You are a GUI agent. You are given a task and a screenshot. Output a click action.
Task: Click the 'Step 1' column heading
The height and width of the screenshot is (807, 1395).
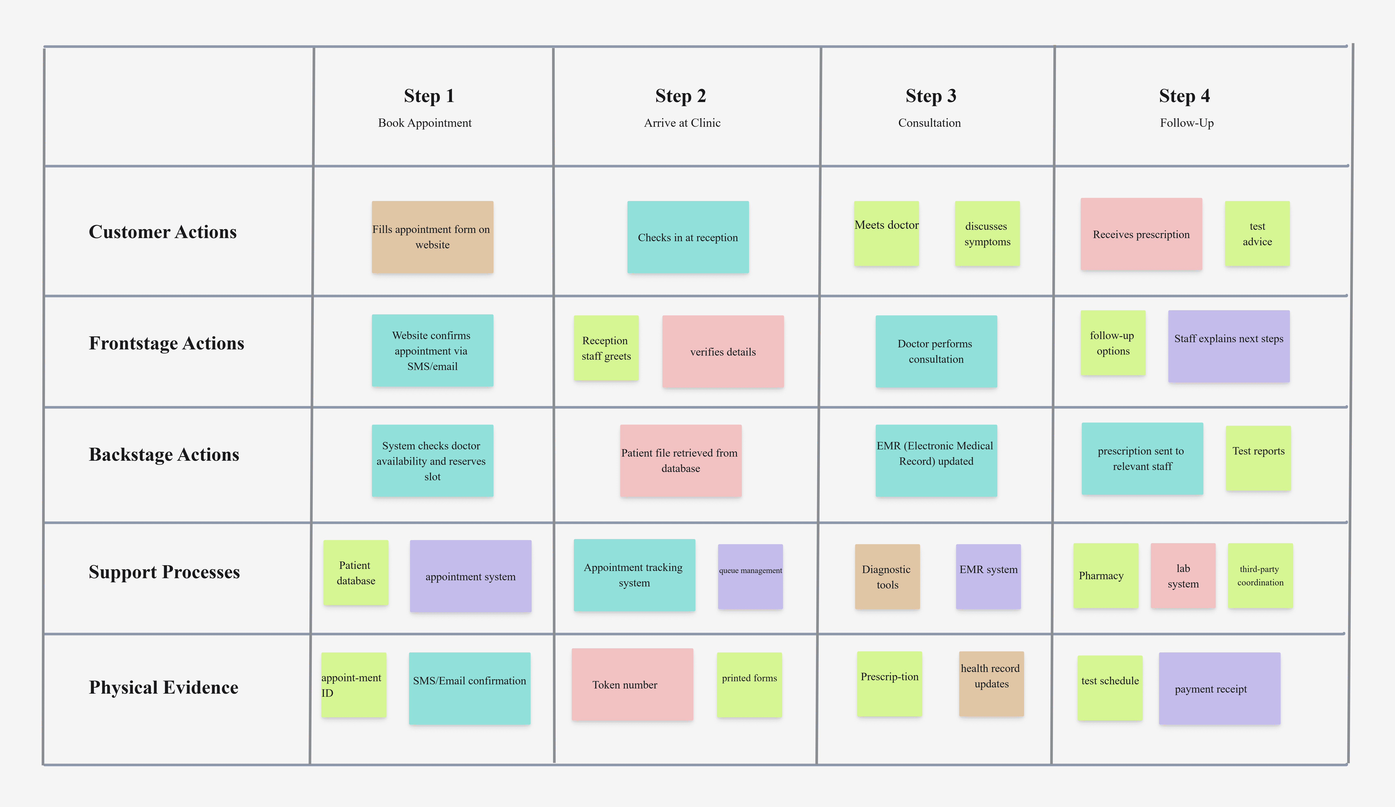tap(429, 96)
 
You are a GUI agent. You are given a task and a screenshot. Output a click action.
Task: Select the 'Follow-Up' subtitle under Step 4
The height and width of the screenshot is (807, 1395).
tap(1187, 123)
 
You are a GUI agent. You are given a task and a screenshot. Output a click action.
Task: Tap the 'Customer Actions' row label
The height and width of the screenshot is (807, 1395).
tap(163, 231)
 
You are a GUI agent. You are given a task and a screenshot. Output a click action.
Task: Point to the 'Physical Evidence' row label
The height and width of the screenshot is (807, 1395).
tap(164, 687)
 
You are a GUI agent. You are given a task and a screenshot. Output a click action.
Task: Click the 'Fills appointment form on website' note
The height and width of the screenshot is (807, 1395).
tap(432, 237)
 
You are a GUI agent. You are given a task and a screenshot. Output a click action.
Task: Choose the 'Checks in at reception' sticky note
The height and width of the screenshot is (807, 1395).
tap(688, 237)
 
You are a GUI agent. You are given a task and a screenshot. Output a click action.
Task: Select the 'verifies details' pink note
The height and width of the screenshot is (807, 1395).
tap(723, 352)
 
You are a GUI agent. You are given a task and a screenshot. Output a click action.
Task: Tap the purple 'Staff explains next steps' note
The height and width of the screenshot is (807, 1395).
tap(1229, 346)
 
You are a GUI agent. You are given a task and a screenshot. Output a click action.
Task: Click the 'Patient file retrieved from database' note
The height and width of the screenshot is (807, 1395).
tap(681, 461)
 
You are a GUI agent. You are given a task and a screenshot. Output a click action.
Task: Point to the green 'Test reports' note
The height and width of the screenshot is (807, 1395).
tap(1258, 458)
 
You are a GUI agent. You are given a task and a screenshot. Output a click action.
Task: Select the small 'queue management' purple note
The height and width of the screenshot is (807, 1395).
tap(751, 577)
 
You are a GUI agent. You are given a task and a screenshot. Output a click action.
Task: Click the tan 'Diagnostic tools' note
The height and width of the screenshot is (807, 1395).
tap(887, 577)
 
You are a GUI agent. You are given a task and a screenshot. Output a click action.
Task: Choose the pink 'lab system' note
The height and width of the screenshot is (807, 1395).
tap(1183, 576)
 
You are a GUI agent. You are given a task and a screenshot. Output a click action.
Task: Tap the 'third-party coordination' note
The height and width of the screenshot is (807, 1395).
tap(1260, 576)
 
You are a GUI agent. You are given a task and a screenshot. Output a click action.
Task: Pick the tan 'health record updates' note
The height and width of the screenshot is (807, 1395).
tap(992, 684)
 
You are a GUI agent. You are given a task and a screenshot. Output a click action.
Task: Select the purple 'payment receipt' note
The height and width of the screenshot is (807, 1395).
tap(1219, 688)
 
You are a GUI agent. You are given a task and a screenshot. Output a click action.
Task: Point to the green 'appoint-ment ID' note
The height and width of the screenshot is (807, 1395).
tap(354, 685)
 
